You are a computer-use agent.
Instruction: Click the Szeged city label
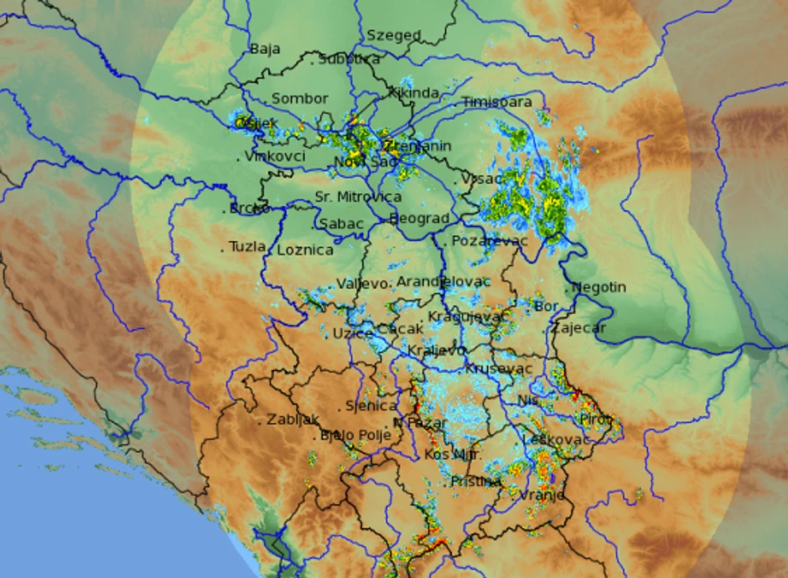coord(393,36)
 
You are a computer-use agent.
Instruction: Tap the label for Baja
coord(265,49)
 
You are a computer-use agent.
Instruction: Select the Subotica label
coord(350,59)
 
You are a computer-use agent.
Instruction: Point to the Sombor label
coord(299,99)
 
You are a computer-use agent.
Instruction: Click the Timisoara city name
coord(496,102)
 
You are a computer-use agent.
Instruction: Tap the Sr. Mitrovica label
coord(358,198)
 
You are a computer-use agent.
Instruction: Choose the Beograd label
coord(419,219)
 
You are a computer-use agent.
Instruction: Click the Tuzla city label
coord(247,247)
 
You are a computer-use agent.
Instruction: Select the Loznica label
coord(304,250)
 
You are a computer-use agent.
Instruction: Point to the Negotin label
coord(599,287)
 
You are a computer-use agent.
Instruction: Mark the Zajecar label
coord(578,328)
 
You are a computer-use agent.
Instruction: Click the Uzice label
coord(352,333)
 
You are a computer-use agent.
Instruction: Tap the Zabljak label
coord(293,421)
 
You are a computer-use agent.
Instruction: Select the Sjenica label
coord(371,406)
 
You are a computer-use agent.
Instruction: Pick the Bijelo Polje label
coord(355,435)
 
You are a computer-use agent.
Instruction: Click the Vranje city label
coord(541,495)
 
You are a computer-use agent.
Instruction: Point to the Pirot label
coord(596,418)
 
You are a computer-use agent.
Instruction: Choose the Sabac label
coord(341,224)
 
